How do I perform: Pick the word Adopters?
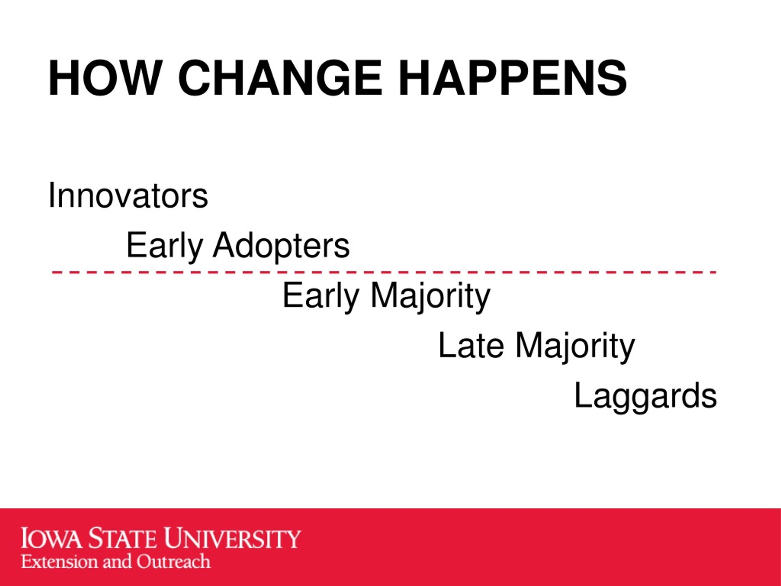pyautogui.click(x=281, y=246)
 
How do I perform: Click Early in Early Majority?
pyautogui.click(x=321, y=296)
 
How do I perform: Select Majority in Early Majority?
pyautogui.click(x=430, y=296)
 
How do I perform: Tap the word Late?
pyautogui.click(x=471, y=345)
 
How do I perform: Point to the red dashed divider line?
pyautogui.click(x=384, y=272)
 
